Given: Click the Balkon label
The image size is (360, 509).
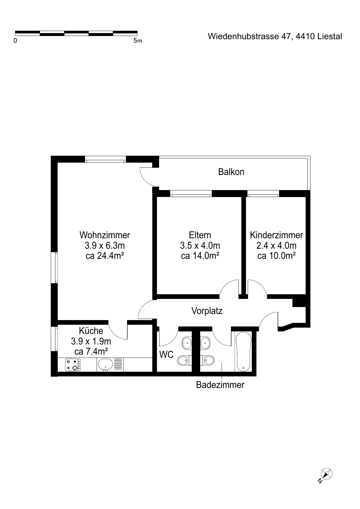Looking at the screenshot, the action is [231, 172].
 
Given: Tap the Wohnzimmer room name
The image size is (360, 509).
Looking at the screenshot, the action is [105, 235].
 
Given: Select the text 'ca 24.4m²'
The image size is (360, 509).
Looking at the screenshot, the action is [105, 256].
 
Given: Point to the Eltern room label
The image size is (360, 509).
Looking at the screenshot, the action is [200, 235].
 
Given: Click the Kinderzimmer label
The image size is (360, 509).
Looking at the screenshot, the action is [276, 235].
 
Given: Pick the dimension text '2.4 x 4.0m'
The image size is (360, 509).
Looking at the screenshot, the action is [276, 246].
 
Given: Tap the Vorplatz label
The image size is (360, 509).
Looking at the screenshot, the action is [207, 311].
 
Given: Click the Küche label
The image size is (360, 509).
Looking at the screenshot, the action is [91, 331].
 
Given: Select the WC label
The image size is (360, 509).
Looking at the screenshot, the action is [167, 354].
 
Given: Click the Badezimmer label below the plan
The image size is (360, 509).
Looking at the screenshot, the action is [220, 385].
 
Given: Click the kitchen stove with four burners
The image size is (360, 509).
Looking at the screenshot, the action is [73, 365].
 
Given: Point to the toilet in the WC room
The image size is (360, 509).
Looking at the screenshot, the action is [183, 361].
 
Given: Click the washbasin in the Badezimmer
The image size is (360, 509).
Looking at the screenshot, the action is [205, 343].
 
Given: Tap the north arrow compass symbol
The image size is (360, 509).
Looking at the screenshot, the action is [326, 474].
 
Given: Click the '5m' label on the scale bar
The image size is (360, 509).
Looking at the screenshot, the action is [138, 41].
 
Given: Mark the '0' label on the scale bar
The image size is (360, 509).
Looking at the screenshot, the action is [15, 41].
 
